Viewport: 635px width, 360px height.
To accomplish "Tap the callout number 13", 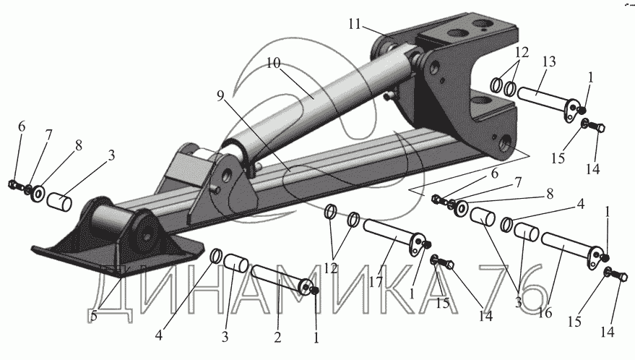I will click(x=548, y=61).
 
